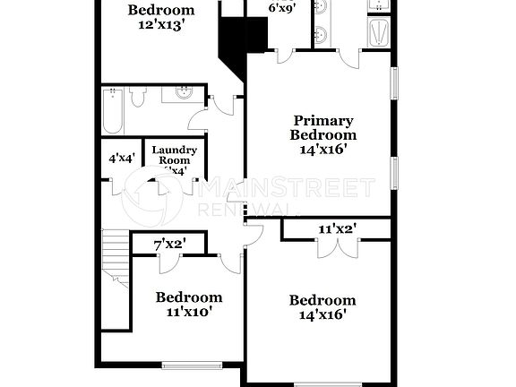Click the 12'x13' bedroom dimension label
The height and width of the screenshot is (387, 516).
(161, 26)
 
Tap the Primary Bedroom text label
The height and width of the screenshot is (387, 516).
(322, 127)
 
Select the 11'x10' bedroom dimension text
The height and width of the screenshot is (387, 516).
(188, 314)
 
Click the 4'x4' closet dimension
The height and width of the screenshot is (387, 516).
(121, 158)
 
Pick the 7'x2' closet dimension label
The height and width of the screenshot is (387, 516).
(168, 244)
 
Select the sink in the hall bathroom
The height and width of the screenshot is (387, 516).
(184, 92)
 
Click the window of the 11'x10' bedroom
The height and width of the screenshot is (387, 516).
(192, 365)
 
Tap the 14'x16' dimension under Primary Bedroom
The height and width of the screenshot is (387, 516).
(323, 150)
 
